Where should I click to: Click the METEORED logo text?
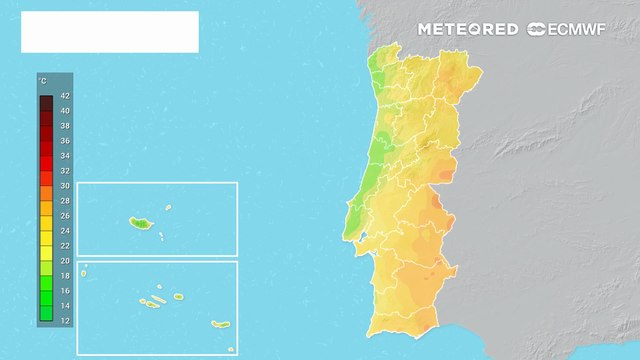click(468, 29)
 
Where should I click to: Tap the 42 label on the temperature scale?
click(65, 96)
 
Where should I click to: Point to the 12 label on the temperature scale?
click(65, 320)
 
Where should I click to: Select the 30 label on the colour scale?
click(65, 186)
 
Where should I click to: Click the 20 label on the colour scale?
click(65, 260)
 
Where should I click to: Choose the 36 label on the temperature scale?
click(65, 141)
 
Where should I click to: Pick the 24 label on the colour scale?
click(65, 230)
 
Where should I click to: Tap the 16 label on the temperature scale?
click(65, 290)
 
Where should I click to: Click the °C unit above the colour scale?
click(42, 79)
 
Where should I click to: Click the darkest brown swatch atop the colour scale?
click(46, 101)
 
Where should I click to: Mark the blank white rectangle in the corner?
click(109, 32)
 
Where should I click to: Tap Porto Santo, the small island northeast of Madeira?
click(163, 210)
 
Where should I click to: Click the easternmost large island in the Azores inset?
click(220, 324)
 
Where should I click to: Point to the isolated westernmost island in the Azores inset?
click(85, 267)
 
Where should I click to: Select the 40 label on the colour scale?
click(65, 111)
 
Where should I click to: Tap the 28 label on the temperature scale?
click(65, 200)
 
